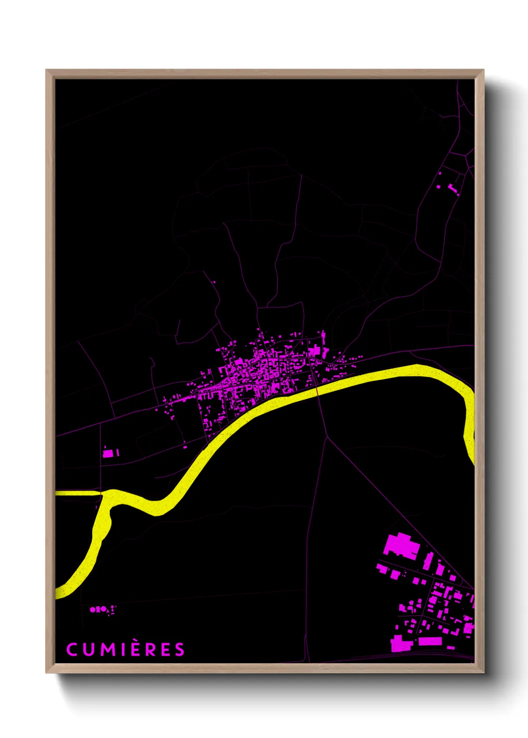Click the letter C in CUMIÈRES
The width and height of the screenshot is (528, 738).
coord(72,649)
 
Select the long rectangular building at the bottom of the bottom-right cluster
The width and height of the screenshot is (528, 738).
coord(430,641)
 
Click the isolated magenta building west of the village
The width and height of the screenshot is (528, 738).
coord(109,453)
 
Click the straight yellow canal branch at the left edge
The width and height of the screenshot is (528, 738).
coord(77,493)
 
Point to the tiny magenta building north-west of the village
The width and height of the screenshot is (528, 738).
coord(213,282)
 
